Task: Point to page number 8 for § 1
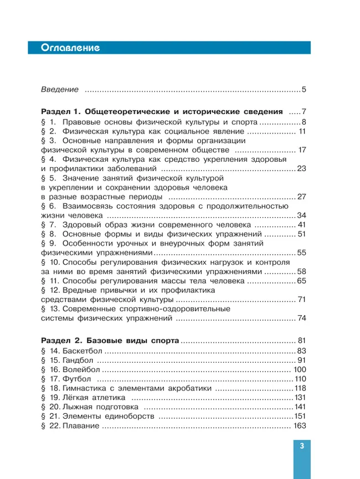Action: (x=304, y=121)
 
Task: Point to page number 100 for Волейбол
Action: (x=300, y=372)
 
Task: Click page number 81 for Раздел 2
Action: (x=302, y=340)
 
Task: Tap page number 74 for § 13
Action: (x=302, y=319)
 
